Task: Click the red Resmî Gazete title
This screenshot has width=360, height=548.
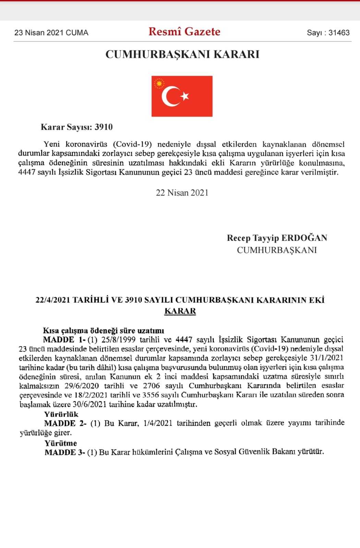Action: point(184,32)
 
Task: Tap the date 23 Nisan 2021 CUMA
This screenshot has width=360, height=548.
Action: point(51,33)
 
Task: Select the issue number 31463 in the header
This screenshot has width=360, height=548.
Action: point(339,33)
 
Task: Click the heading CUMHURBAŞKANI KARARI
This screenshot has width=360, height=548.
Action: point(182,54)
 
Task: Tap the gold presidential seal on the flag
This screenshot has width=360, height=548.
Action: point(159,83)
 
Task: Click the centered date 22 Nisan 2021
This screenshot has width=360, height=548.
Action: point(182,193)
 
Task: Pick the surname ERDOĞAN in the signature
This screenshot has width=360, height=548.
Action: point(304,238)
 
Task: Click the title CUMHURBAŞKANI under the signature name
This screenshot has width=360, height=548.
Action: point(277,250)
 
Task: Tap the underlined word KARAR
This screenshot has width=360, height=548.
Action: point(180,311)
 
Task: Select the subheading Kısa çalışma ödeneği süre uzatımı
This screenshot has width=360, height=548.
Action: point(104,331)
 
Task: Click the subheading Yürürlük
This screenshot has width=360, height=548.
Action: point(61,414)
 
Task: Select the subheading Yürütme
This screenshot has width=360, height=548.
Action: point(61,443)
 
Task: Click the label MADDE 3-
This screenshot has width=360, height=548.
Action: point(64,452)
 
